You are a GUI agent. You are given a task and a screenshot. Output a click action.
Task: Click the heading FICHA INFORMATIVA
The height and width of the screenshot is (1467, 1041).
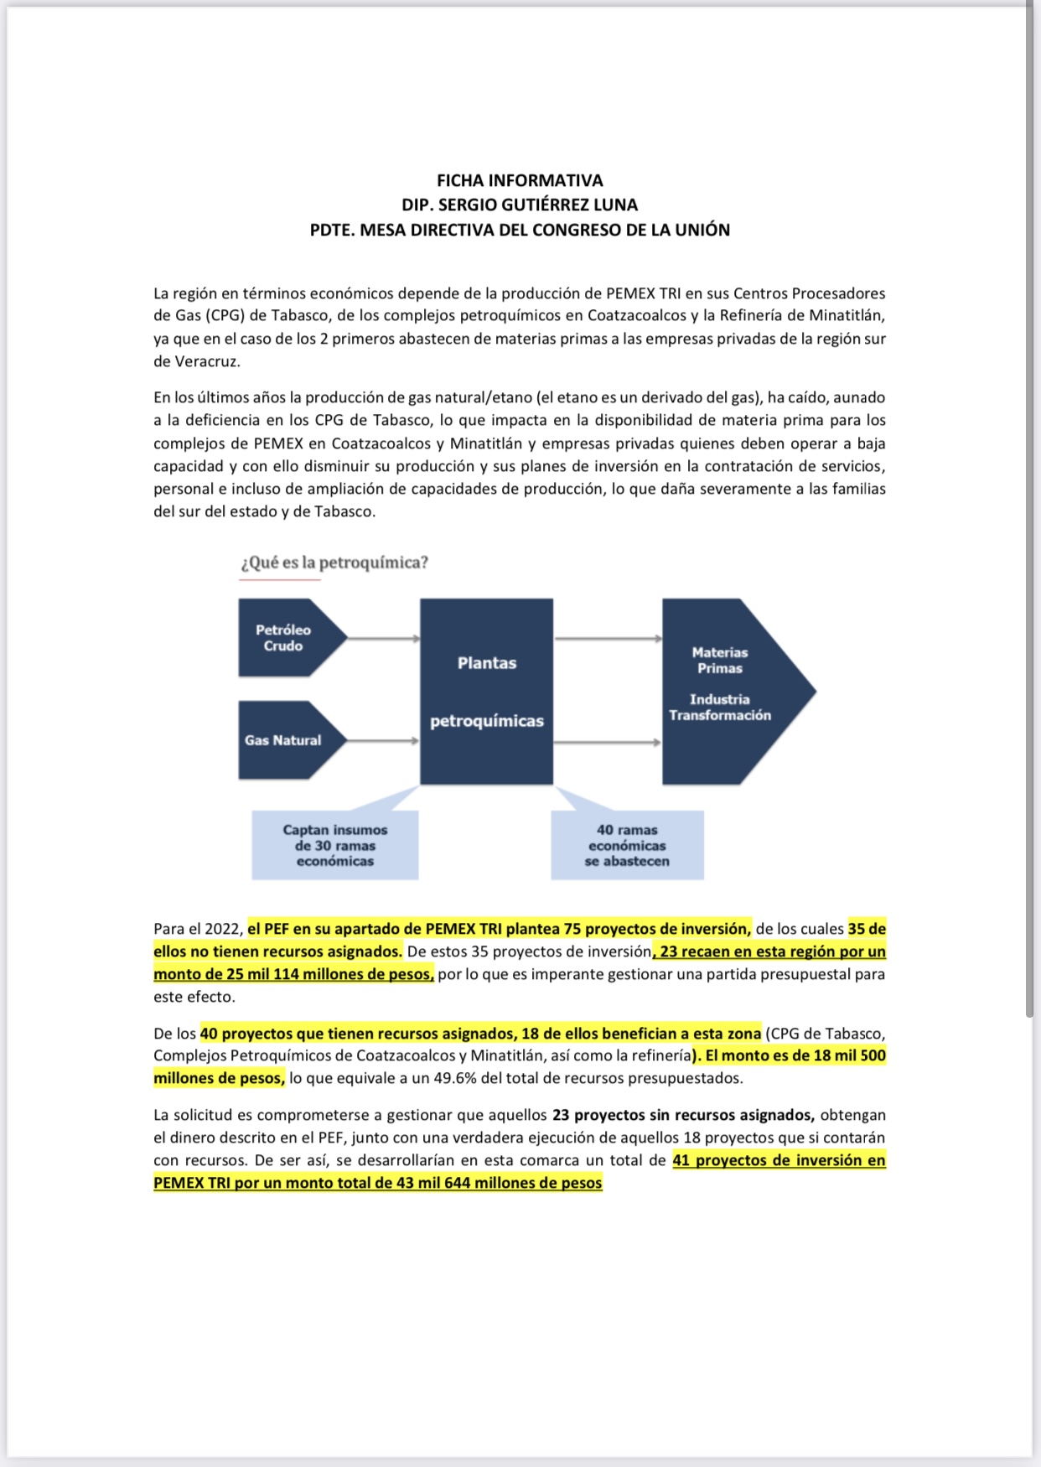[520, 180]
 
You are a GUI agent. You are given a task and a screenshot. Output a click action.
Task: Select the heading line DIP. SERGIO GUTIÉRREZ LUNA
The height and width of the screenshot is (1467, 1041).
[520, 205]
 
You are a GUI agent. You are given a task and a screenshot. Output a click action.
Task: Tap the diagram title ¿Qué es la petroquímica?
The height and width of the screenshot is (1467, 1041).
[334, 562]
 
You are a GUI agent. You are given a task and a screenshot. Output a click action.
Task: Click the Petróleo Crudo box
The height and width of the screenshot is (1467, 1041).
[283, 638]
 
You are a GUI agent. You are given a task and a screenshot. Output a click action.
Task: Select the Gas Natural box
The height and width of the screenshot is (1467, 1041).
[283, 740]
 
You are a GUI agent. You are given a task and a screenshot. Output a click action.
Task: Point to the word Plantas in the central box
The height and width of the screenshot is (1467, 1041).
[487, 663]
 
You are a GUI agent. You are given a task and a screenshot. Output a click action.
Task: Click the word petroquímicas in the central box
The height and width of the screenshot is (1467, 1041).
[487, 721]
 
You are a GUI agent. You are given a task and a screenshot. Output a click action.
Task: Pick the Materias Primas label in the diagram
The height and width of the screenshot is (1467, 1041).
[719, 660]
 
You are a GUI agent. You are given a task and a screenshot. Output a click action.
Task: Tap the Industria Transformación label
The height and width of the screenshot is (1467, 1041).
[719, 707]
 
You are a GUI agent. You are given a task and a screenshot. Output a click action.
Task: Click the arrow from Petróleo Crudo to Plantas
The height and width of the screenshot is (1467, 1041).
[383, 639]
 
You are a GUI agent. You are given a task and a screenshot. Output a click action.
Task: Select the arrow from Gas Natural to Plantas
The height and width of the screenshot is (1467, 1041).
[383, 741]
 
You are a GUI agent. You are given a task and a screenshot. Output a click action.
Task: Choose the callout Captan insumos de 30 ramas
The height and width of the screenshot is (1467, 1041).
[335, 845]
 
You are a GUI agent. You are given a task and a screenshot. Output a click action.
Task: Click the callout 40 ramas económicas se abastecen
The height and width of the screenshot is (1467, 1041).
[627, 845]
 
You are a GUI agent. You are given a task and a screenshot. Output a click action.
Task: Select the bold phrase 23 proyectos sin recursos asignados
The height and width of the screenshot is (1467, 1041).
[683, 1115]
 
